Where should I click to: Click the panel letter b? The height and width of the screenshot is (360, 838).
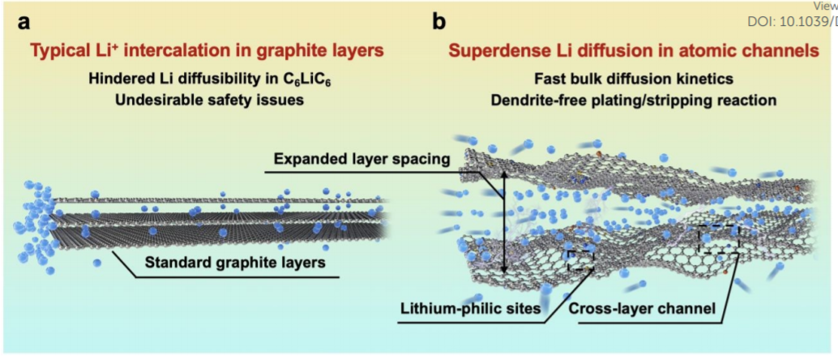438,23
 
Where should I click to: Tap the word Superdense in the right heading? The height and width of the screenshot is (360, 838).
494,52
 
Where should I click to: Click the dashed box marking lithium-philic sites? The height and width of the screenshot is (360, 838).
580,259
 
